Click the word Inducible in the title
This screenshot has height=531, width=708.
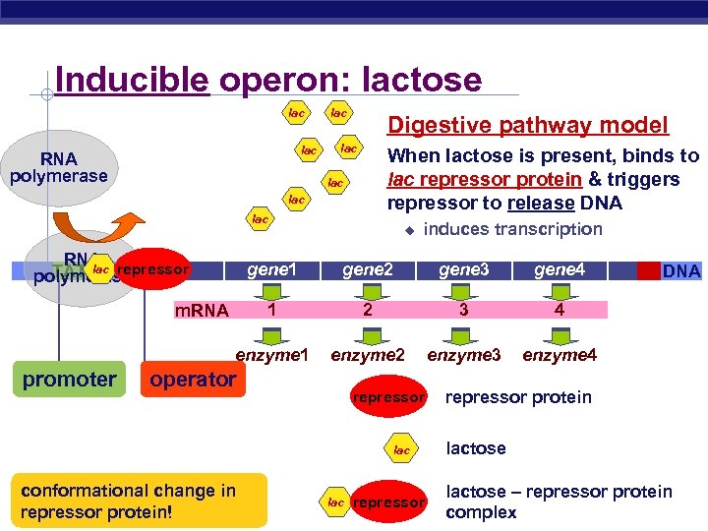pos(132,80)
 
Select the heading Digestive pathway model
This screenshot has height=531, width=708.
pos(528,125)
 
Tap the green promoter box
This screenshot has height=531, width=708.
pos(69,379)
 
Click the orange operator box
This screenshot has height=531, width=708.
pos(193,379)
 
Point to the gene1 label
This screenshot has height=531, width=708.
pos(270,268)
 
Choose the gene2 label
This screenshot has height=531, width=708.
pos(368,268)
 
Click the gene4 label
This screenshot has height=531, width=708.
pos(560,268)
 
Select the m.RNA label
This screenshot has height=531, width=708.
pos(202,311)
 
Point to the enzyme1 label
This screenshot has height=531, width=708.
pos(271,353)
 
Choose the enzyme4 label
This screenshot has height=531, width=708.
pos(560,353)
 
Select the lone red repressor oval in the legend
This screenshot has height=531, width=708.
pos(389,397)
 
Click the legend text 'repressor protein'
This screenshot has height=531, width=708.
pos(518,397)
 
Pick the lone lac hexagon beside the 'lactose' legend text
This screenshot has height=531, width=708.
pos(401,449)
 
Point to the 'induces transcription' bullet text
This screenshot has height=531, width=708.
pos(512,229)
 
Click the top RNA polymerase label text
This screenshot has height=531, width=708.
pos(58,167)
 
